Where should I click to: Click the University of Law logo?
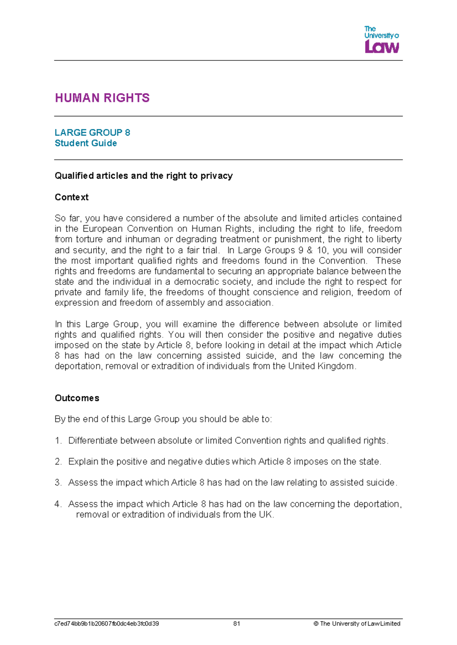[x=381, y=40]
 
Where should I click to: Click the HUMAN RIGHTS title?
[x=102, y=98]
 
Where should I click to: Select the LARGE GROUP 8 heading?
[x=92, y=132]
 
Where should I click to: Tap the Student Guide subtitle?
[x=86, y=143]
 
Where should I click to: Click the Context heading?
[x=72, y=197]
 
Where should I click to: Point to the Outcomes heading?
[x=77, y=398]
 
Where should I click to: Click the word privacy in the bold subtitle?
[x=216, y=176]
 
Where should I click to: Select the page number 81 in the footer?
[x=236, y=624]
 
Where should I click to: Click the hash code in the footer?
[x=107, y=624]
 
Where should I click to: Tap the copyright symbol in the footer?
[x=316, y=624]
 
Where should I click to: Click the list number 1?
[x=58, y=441]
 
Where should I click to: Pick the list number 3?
[x=58, y=483]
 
